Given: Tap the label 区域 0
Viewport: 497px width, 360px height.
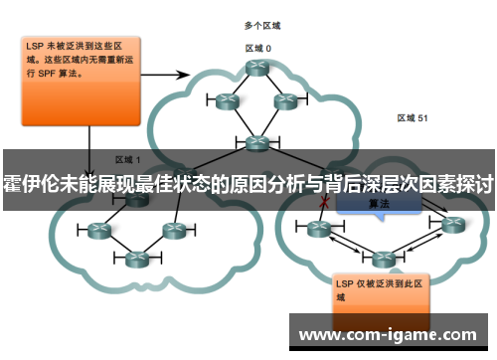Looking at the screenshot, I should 258,47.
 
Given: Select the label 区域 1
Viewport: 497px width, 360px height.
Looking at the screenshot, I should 128,159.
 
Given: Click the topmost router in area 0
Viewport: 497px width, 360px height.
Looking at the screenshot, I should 259,68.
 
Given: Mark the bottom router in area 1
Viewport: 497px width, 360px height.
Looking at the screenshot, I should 136,259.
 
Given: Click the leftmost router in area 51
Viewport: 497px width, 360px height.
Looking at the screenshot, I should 319,230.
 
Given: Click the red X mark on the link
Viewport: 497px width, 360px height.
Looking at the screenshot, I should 323,202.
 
